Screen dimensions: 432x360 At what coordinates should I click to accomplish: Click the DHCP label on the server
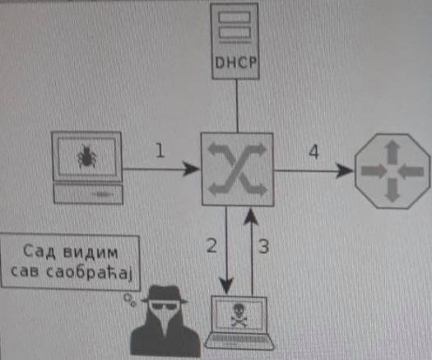(235, 63)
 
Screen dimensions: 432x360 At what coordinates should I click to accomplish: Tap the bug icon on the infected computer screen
(87, 157)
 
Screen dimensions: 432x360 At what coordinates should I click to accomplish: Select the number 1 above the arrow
(160, 151)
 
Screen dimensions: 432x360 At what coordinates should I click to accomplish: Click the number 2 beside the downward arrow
(211, 245)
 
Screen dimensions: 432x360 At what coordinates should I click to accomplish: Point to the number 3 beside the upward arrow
(263, 246)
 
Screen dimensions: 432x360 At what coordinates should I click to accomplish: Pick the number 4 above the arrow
(314, 152)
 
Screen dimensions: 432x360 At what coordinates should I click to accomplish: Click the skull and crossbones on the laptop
(239, 315)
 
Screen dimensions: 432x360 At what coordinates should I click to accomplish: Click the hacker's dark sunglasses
(164, 306)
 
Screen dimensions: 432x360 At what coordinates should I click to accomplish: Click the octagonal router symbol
(393, 171)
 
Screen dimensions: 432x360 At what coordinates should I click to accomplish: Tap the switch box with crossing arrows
(238, 169)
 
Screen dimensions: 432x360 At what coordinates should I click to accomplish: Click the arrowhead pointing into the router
(345, 171)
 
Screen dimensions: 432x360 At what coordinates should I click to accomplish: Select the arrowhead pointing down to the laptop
(226, 286)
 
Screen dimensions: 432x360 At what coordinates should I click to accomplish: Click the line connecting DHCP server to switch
(237, 106)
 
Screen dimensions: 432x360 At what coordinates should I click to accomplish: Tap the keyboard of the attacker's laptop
(239, 339)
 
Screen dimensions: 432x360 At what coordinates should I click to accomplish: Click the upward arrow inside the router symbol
(393, 152)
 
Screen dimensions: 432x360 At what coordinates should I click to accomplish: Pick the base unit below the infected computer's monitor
(88, 194)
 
